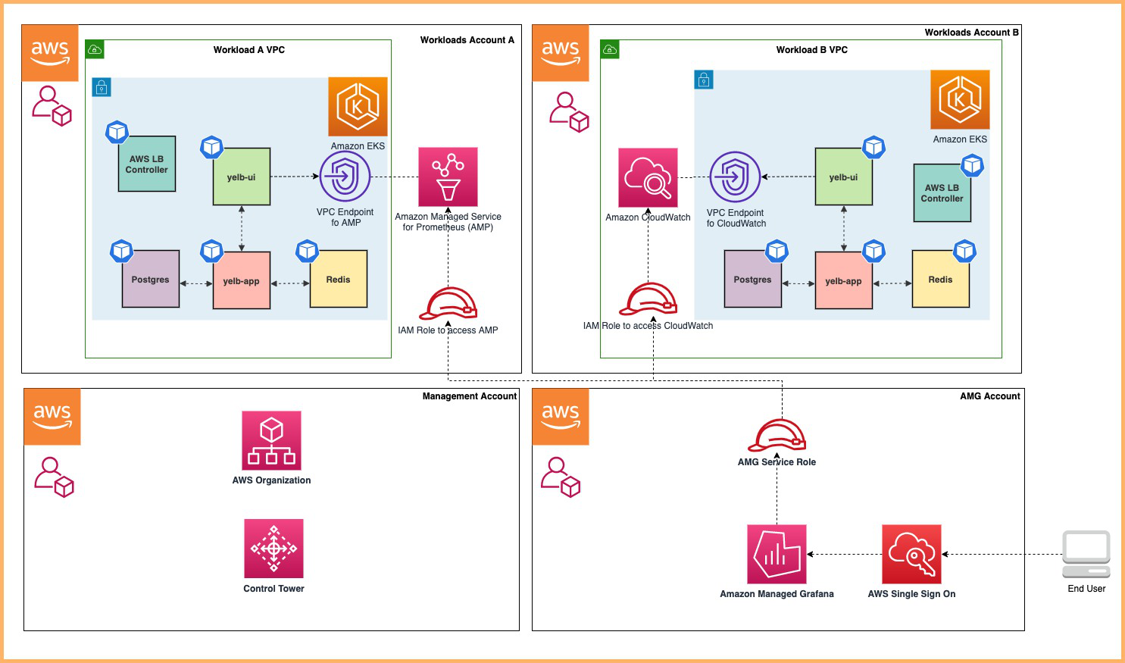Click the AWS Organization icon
271,440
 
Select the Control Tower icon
273,549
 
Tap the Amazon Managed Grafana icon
777,554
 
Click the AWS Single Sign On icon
911,554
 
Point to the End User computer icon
1086,554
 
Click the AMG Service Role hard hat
777,435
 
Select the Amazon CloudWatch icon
648,177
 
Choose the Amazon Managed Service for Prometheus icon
448,177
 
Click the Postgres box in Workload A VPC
151,279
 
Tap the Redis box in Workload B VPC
940,279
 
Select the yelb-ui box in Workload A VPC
241,177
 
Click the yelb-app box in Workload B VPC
843,280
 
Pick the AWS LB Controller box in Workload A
147,164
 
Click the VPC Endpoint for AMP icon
345,177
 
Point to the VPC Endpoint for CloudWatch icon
734,177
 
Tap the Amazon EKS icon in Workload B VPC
960,99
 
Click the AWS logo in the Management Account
52,416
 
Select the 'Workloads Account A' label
467,40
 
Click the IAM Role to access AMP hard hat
448,304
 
